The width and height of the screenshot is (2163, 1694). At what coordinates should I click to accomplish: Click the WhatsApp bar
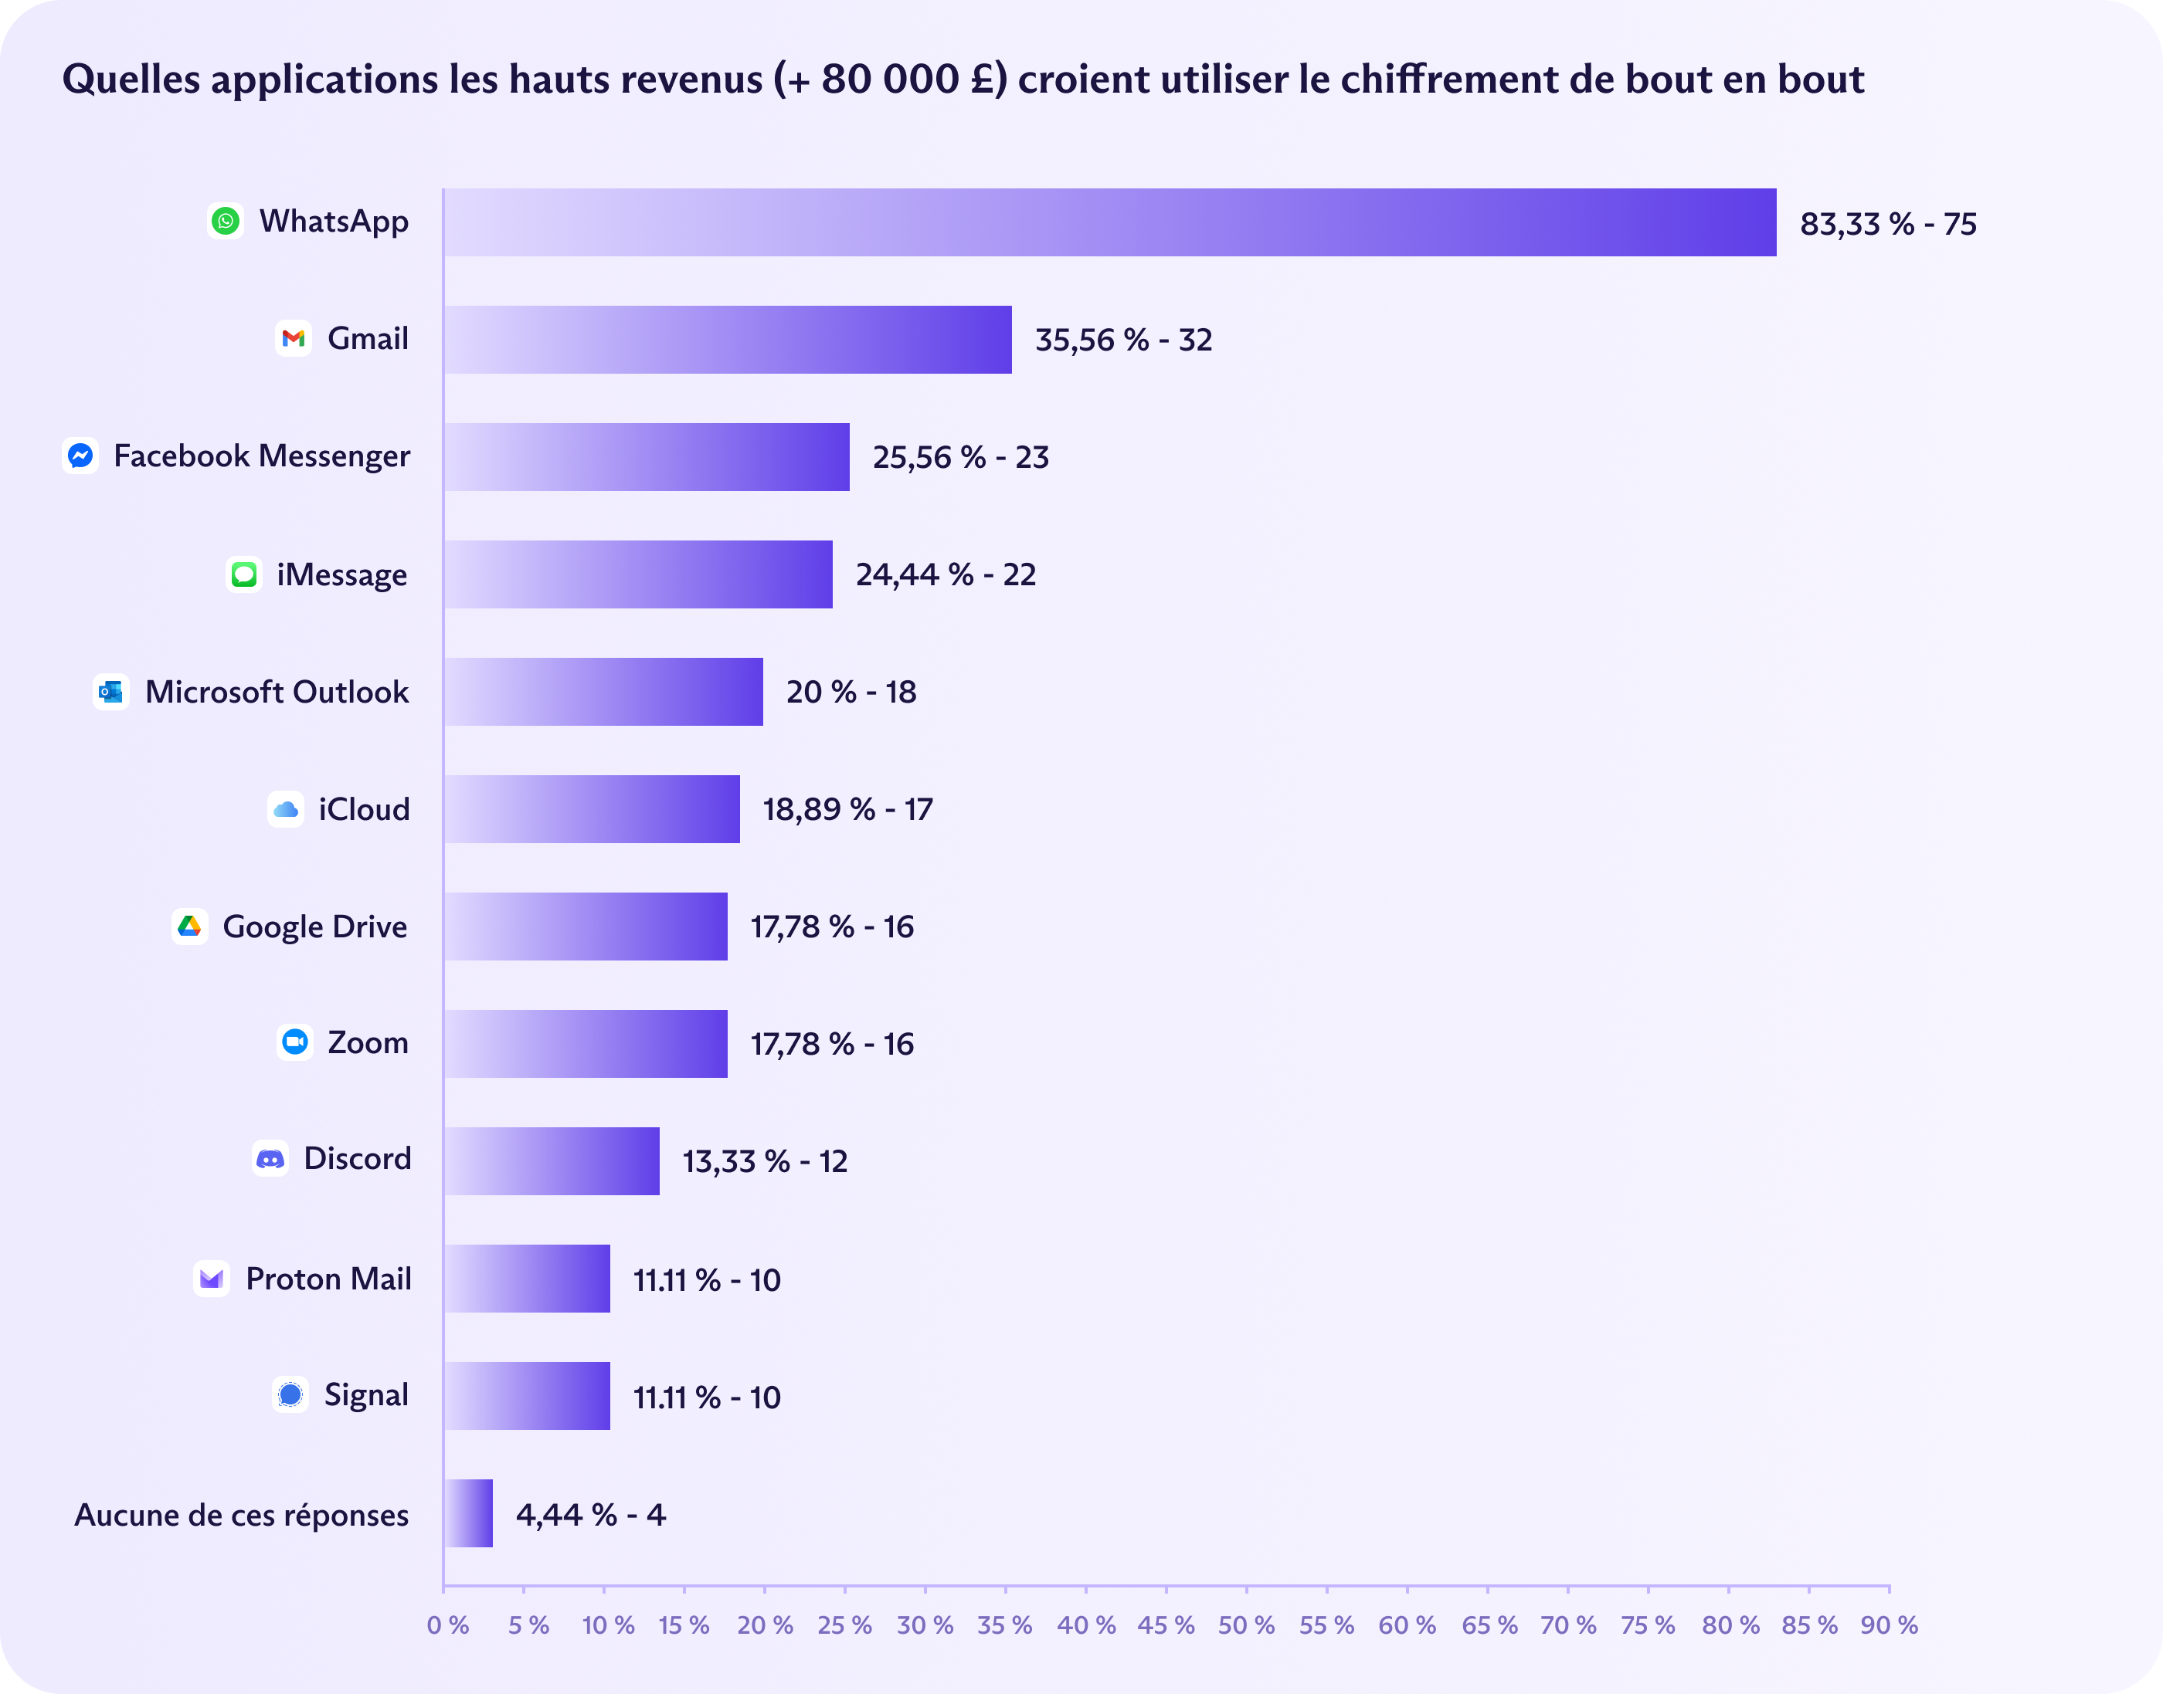point(1109,222)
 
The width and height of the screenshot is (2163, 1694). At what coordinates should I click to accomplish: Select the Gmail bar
point(727,339)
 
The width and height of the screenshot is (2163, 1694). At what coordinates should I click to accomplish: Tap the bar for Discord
point(552,1160)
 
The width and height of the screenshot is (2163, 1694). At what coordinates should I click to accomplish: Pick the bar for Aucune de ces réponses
point(468,1513)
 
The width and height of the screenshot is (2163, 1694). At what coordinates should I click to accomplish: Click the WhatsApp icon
point(226,220)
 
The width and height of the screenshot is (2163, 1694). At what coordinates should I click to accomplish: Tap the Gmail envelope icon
point(293,338)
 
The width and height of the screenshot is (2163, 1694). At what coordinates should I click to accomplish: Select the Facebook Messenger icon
point(80,456)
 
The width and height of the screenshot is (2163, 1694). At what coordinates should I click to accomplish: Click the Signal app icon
point(290,1394)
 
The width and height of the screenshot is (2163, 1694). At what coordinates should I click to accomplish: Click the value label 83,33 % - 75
point(1887,224)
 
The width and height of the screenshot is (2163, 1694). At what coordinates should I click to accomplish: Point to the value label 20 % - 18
point(851,693)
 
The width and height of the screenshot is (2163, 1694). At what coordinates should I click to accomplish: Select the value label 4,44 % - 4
point(590,1514)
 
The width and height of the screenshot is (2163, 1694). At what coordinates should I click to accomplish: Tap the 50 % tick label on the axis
point(1246,1625)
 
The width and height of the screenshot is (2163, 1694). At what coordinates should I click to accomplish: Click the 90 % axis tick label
point(1890,1625)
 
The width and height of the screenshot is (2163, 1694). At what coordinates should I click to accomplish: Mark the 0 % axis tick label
point(447,1625)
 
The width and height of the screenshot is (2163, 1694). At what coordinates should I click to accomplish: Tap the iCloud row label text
point(363,809)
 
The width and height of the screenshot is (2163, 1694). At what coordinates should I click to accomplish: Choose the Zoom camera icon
point(294,1042)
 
